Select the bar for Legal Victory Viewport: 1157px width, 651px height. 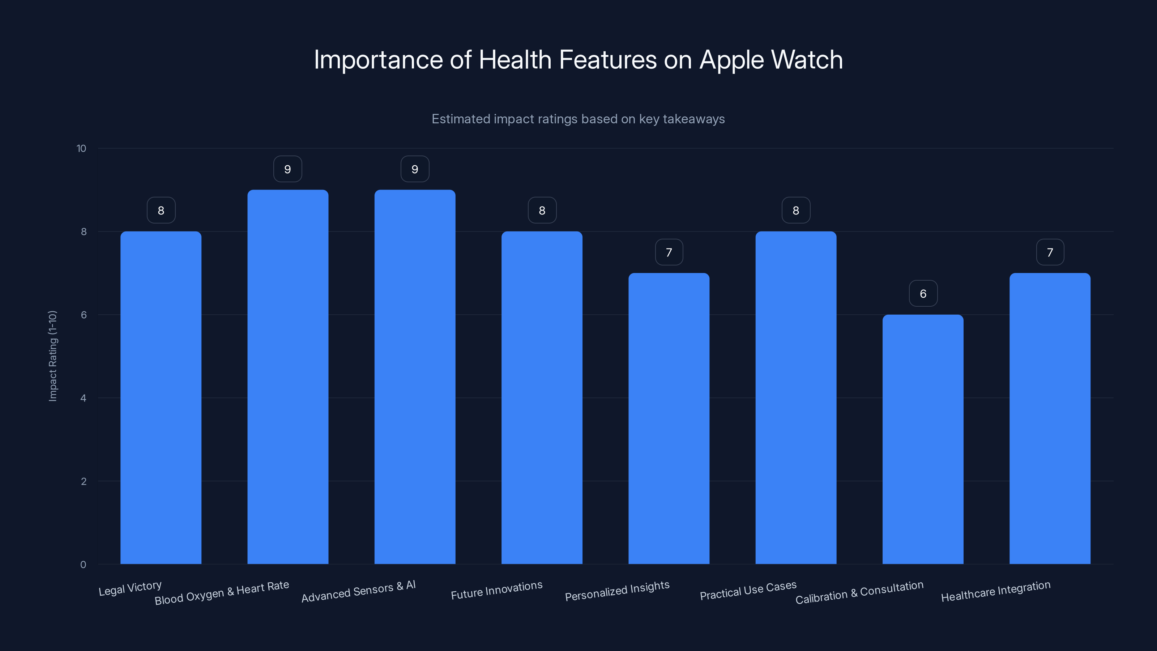[x=161, y=397]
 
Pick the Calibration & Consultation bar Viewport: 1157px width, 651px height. [x=923, y=439]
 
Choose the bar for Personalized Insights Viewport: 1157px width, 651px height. [x=669, y=418]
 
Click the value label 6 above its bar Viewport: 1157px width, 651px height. [x=923, y=294]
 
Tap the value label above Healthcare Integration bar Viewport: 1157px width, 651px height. [x=1050, y=252]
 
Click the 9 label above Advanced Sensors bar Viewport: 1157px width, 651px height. [x=415, y=169]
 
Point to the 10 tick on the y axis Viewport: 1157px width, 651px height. [x=81, y=149]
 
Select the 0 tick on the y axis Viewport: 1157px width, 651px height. [x=84, y=565]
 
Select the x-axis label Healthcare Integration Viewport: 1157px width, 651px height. [x=996, y=591]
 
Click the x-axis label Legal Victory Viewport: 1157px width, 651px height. [x=130, y=588]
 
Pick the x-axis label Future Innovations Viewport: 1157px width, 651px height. [x=496, y=590]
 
